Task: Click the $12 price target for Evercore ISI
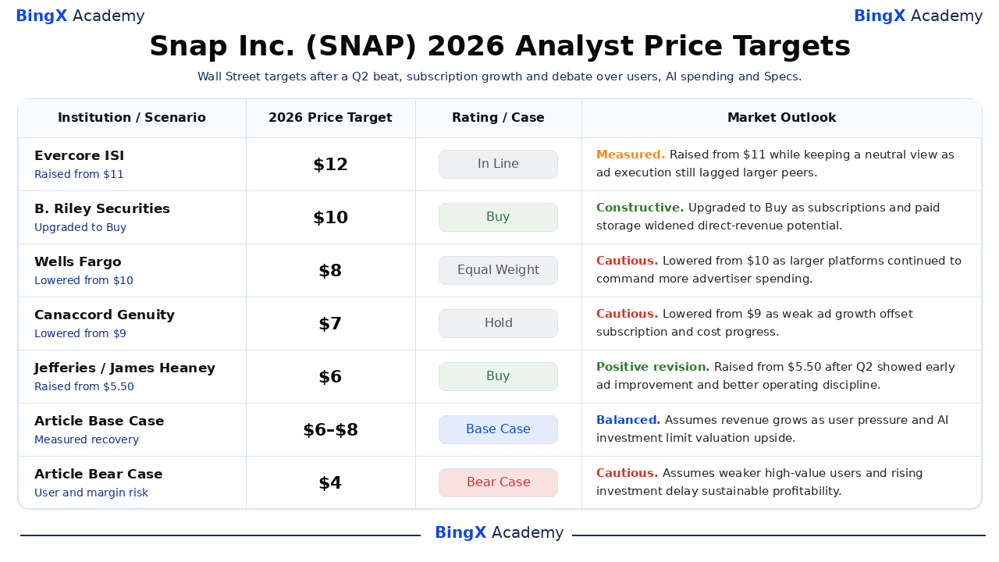(330, 165)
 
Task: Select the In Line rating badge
(498, 164)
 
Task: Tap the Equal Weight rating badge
(498, 270)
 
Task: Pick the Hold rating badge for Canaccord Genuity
(498, 323)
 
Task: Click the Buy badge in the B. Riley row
(498, 217)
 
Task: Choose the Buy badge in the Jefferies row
(498, 376)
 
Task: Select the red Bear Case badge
(498, 482)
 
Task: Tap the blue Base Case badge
(498, 429)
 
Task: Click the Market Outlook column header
(781, 118)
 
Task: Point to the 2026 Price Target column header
(330, 118)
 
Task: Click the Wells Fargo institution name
(77, 261)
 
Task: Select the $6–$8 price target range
(330, 430)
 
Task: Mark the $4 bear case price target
(330, 483)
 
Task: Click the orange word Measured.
(630, 155)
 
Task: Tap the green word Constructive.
(639, 208)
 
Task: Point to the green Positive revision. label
(652, 367)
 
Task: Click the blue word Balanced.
(628, 420)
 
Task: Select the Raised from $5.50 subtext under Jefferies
(84, 386)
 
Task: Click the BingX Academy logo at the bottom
(499, 532)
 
